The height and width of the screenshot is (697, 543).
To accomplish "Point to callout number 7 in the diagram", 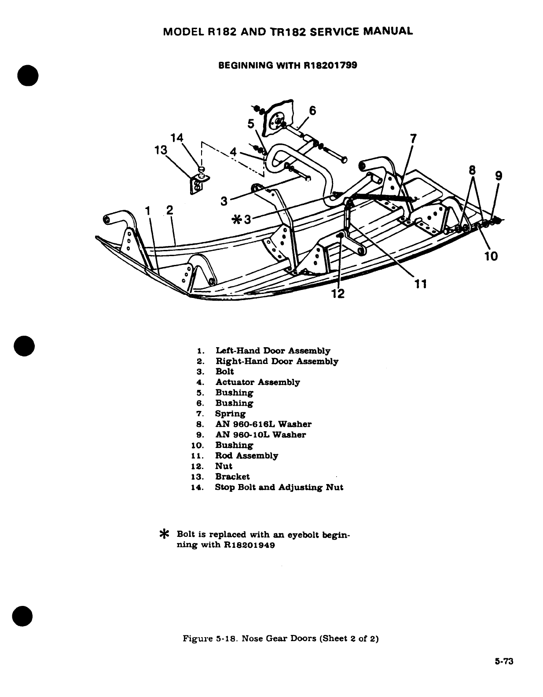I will pyautogui.click(x=412, y=139).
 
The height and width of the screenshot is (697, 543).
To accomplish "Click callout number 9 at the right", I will pyautogui.click(x=498, y=176).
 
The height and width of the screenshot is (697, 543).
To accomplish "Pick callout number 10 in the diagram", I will pyautogui.click(x=491, y=256).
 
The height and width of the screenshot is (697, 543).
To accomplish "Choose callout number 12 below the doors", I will pyautogui.click(x=338, y=293).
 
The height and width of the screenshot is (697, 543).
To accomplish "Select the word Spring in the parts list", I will pyautogui.click(x=230, y=414).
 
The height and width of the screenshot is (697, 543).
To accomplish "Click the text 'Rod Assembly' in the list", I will pyautogui.click(x=246, y=455).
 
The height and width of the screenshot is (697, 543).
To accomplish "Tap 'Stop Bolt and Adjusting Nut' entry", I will pyautogui.click(x=279, y=487).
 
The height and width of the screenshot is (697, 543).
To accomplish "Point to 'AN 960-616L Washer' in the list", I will pyautogui.click(x=263, y=424).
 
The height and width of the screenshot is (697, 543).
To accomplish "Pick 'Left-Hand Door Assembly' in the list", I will pyautogui.click(x=273, y=351).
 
